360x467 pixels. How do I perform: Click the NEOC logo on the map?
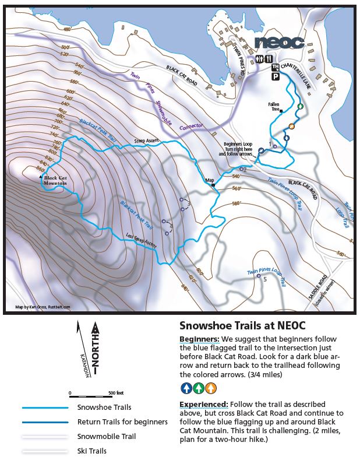pyautogui.click(x=279, y=43)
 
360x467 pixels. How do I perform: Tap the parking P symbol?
pyautogui.click(x=274, y=76)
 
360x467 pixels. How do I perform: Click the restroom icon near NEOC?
pyautogui.click(x=260, y=59)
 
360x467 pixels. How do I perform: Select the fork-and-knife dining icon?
pyautogui.click(x=269, y=59)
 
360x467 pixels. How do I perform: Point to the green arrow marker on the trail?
pyautogui.click(x=300, y=106)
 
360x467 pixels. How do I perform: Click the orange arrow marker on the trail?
pyautogui.click(x=291, y=126)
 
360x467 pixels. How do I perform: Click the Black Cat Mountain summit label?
pyautogui.click(x=58, y=181)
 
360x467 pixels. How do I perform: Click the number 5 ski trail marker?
pyautogui.click(x=265, y=279)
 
